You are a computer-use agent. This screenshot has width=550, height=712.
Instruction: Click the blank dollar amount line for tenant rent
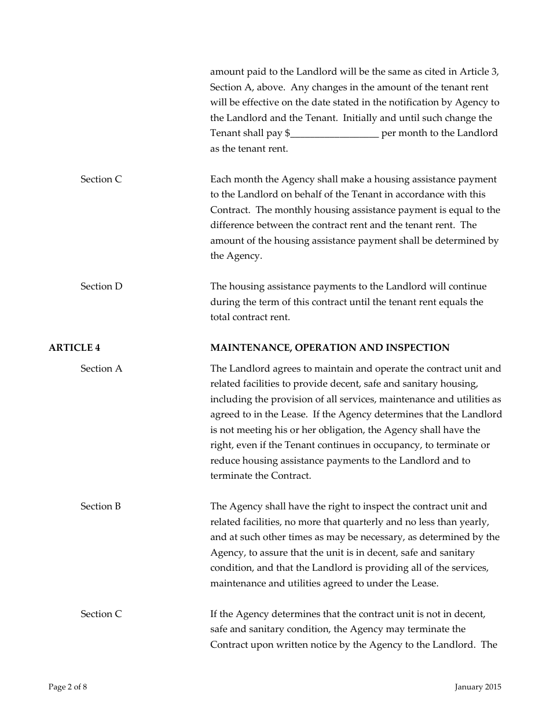point(335,134)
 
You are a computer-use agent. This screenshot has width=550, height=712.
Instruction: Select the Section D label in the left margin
point(101,286)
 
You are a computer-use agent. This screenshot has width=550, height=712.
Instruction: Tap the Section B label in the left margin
point(101,506)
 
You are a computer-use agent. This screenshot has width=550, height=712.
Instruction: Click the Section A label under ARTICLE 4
point(101,368)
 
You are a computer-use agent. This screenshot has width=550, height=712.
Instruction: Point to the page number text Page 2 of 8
point(68,687)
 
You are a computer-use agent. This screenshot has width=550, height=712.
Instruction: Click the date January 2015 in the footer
point(478,687)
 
